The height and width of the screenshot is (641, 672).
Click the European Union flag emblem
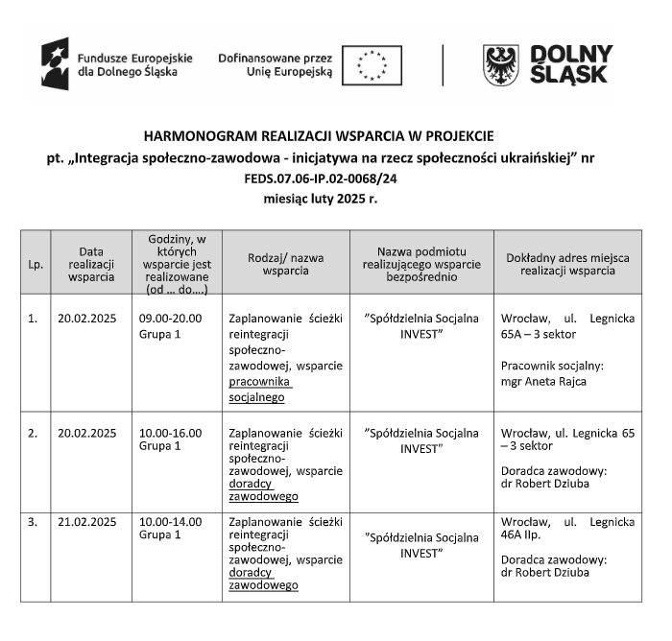click(372, 65)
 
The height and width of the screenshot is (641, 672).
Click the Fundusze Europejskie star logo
click(55, 63)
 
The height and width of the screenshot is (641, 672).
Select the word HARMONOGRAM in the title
click(192, 135)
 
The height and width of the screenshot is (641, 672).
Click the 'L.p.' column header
click(36, 263)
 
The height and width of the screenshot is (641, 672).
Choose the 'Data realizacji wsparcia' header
click(91, 263)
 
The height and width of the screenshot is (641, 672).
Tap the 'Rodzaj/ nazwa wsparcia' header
click(285, 263)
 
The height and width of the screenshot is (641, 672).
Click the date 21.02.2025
click(87, 522)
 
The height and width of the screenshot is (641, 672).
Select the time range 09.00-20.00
click(170, 318)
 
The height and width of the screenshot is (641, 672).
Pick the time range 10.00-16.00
click(170, 433)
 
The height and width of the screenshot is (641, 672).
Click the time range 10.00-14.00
click(170, 522)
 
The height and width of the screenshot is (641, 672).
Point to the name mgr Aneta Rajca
click(544, 381)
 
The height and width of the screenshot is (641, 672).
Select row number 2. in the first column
click(33, 433)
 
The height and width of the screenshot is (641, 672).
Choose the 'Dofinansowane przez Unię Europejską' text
click(276, 64)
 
